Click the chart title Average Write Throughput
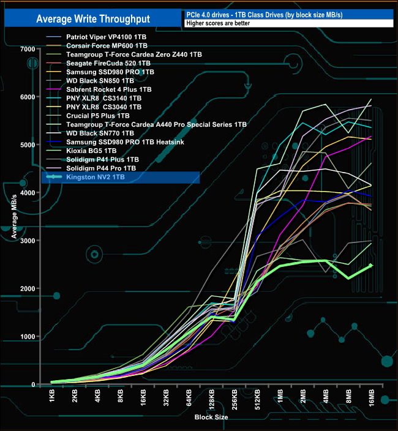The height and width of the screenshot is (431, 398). (92, 18)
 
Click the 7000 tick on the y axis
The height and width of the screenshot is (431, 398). (27, 49)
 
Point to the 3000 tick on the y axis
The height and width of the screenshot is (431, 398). (27, 241)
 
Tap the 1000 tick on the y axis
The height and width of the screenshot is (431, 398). (27, 337)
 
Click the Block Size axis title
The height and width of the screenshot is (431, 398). (211, 417)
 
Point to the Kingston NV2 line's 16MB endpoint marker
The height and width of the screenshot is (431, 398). (370, 266)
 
